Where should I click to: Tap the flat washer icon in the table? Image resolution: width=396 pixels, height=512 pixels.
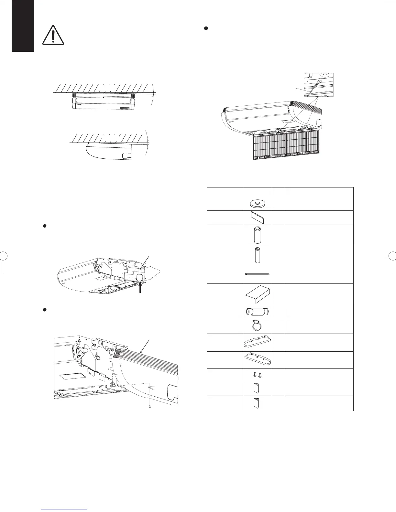257,203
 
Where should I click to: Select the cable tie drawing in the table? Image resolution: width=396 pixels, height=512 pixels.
257,274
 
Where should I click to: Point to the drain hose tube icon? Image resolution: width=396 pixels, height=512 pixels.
257,312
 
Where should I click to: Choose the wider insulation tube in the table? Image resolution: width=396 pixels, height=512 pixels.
257,235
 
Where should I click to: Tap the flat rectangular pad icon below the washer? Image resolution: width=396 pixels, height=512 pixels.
257,218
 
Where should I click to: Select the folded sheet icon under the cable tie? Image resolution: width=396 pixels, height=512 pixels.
257,294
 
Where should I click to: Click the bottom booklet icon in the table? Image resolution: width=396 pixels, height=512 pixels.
257,403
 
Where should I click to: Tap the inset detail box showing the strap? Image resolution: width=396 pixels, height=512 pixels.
318,85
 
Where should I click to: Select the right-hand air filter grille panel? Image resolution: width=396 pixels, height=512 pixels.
303,144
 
